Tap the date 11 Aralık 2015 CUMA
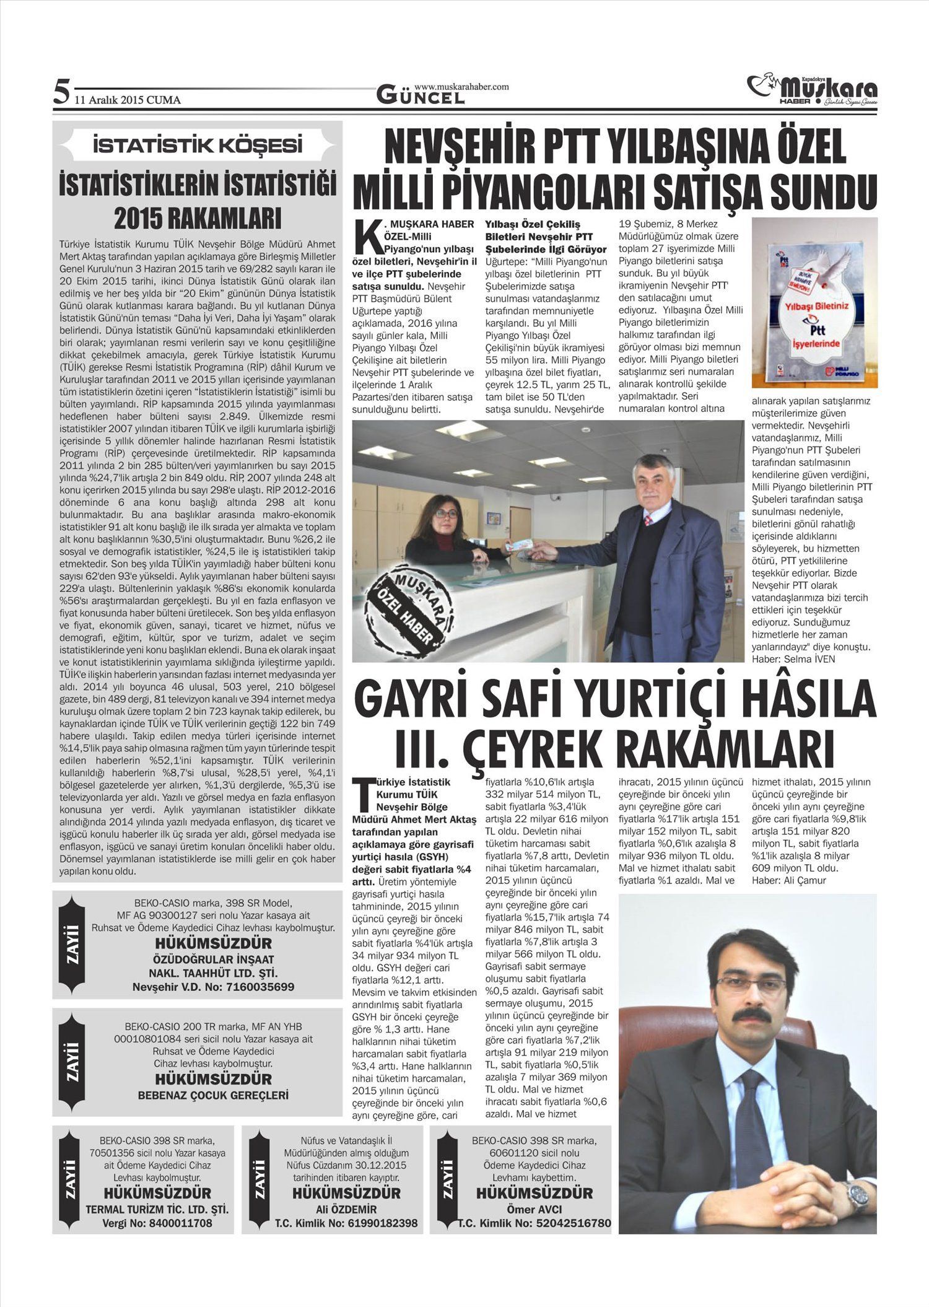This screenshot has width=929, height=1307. pyautogui.click(x=127, y=100)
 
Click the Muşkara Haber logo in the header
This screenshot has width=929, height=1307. pyautogui.click(x=812, y=90)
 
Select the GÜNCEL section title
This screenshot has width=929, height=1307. pyautogui.click(x=421, y=95)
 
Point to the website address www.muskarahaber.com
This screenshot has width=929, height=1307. pyautogui.click(x=461, y=87)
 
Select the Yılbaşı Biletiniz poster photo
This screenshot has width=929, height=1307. pyautogui.click(x=814, y=304)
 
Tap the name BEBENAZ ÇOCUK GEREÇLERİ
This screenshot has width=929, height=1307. pyautogui.click(x=213, y=1095)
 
